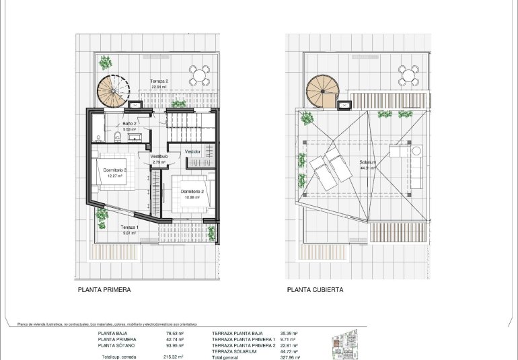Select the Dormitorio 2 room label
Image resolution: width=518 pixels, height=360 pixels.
192,191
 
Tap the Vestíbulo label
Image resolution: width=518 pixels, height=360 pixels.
159,155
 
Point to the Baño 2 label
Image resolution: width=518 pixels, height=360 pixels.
130,124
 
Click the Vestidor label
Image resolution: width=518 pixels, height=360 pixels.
193,151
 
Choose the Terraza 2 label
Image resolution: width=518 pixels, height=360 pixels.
159,81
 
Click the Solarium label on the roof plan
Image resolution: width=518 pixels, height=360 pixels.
367,162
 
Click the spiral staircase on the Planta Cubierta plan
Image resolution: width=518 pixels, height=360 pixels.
322,90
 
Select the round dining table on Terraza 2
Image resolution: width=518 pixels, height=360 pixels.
198,74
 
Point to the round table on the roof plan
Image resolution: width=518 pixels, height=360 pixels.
407,74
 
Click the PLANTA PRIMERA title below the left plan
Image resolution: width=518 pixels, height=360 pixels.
104,290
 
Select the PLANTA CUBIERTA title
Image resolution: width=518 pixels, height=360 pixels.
315,290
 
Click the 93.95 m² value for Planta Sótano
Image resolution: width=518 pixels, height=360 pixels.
175,345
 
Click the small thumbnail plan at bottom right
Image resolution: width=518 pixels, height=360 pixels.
345,345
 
